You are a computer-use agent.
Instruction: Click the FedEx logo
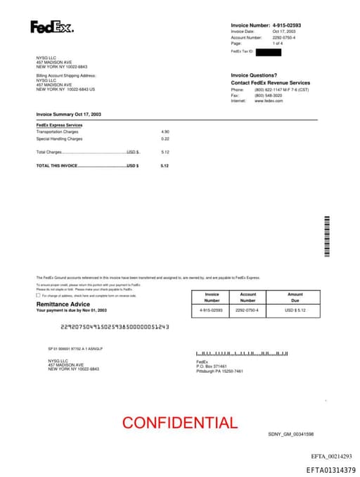[x=51, y=27]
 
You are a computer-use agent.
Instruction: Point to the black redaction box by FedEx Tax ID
[x=268, y=52]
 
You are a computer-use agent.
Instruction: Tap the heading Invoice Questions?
[x=254, y=75]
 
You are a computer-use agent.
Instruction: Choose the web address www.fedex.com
[x=269, y=101]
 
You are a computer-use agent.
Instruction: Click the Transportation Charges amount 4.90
[x=165, y=132]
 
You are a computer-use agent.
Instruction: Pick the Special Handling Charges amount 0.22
[x=165, y=139]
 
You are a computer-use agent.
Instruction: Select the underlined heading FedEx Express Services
[x=59, y=125]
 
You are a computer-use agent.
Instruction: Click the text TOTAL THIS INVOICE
[x=57, y=165]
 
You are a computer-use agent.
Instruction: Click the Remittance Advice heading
[x=63, y=304]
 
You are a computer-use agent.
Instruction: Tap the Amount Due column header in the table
[x=295, y=298]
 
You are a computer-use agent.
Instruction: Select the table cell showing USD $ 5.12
[x=295, y=310]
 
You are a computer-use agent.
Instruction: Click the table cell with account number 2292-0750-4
[x=247, y=310]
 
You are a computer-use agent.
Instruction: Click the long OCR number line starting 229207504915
[x=115, y=326]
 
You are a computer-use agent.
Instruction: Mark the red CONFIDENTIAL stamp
[x=180, y=423]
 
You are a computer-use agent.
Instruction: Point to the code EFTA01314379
[x=330, y=469]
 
